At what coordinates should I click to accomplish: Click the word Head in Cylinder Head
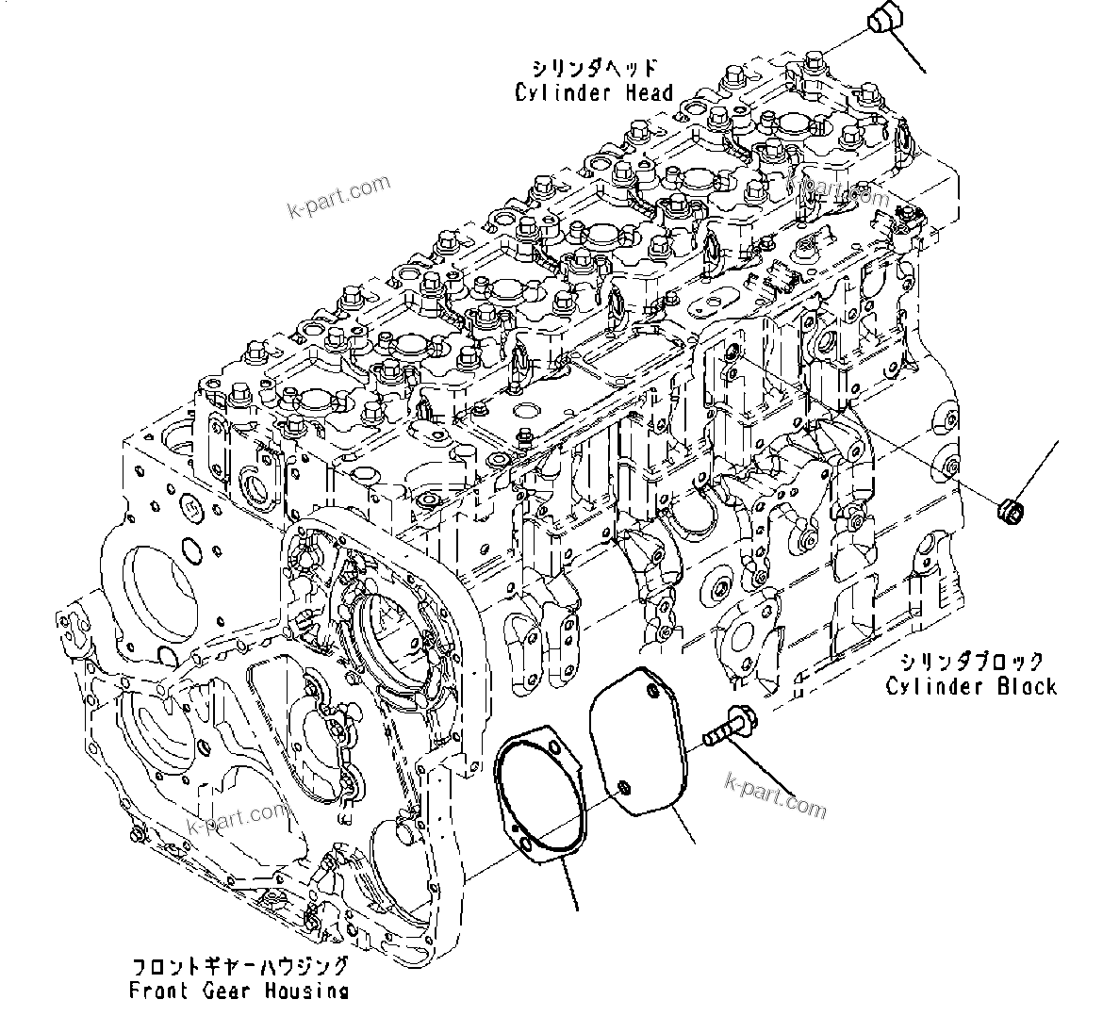click(x=650, y=92)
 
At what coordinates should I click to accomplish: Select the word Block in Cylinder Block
click(x=1027, y=686)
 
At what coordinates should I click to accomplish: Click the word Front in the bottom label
click(x=160, y=991)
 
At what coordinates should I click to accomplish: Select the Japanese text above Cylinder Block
click(x=971, y=662)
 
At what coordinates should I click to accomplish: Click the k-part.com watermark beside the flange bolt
click(x=776, y=795)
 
